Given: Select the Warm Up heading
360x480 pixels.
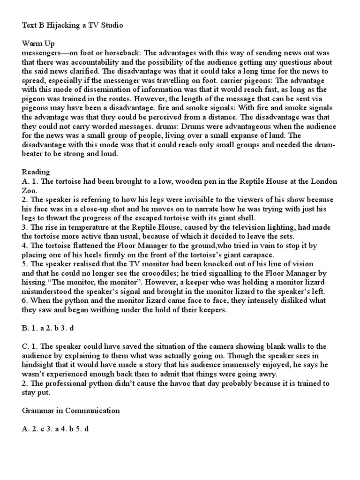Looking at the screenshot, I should pyautogui.click(x=38, y=44).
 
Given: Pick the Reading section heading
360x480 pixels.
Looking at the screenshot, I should pyautogui.click(x=36, y=172).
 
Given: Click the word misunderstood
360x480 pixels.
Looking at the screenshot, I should pyautogui.click(x=50, y=291).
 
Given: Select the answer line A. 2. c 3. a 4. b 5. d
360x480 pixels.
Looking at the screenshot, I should pyautogui.click(x=55, y=429).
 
